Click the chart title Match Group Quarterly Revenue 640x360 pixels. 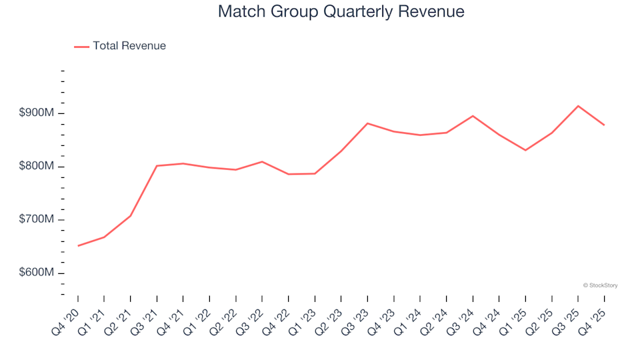341,12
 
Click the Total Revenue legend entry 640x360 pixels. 129,46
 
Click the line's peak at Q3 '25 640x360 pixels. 578,106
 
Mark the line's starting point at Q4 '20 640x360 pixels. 78,246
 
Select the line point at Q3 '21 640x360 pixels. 157,166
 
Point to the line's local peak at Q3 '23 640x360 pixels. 367,123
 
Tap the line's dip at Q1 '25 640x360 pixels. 525,150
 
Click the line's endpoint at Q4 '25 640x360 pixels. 604,125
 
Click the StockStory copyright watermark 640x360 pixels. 600,285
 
